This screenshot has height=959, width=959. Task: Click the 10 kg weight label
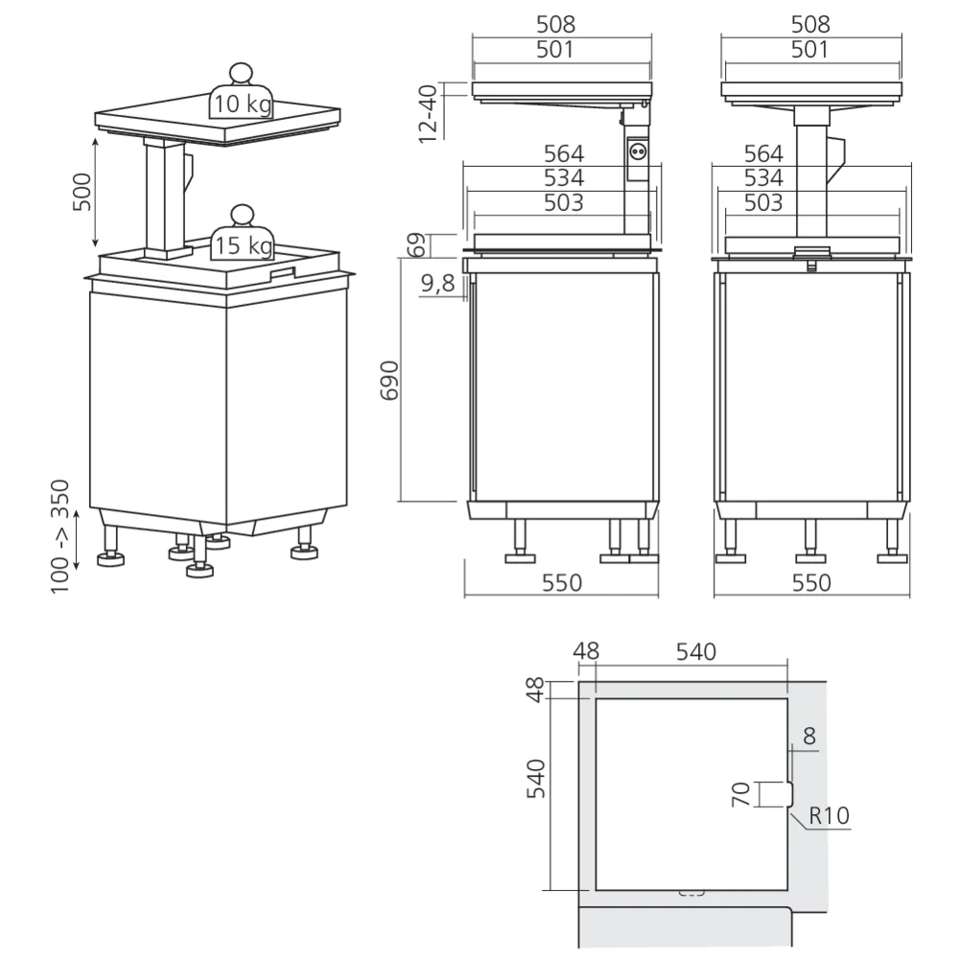243,104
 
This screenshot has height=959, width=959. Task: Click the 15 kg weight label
243,246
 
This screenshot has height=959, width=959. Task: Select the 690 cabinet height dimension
390,381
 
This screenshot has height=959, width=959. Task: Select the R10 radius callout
829,816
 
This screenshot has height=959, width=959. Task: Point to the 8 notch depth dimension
809,736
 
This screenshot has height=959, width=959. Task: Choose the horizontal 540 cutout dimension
696,651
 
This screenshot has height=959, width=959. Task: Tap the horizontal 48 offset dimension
585,651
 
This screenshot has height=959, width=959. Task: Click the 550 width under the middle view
562,582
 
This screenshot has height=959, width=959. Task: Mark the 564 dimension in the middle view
563,153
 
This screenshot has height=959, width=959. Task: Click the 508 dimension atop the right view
811,25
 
